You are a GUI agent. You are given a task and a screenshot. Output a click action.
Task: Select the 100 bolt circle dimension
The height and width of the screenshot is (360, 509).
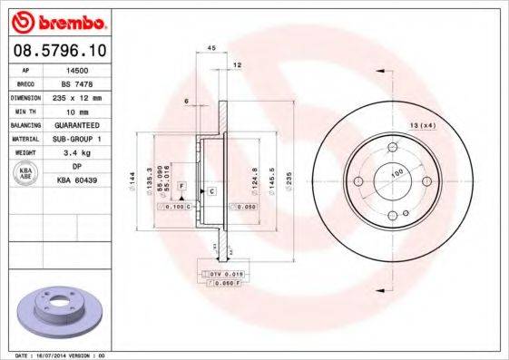(x=396, y=171)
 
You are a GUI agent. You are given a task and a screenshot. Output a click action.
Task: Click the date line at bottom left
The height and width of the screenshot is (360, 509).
(x=54, y=355)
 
